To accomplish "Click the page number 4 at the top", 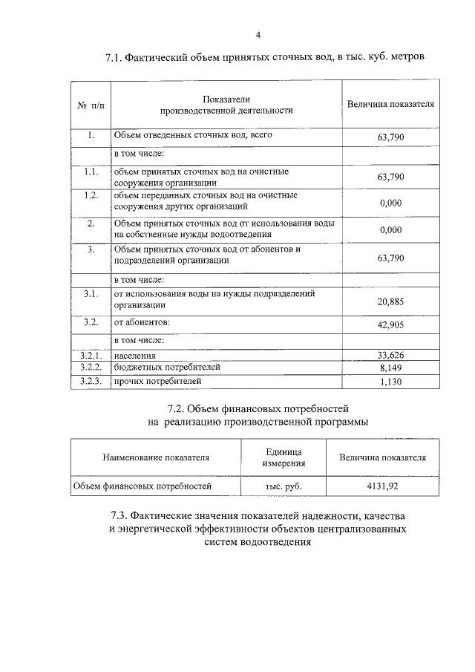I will point(258,34).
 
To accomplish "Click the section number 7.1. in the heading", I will point(117,59).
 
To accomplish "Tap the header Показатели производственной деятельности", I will point(226,105).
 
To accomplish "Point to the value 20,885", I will point(390,300).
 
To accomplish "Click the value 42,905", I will point(390,325).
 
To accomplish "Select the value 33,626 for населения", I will point(390,356).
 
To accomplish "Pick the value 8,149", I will point(390,368).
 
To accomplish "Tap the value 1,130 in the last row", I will point(390,382).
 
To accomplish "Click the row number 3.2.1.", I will point(91,356).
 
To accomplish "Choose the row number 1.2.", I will point(91,195).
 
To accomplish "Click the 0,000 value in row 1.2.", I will point(390,202).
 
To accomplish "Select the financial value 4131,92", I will point(382,487).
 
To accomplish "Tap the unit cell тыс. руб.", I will point(284,487).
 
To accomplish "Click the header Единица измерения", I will point(284,457).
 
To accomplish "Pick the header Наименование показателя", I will point(156,458).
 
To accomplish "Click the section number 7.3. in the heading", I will point(122,515).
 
